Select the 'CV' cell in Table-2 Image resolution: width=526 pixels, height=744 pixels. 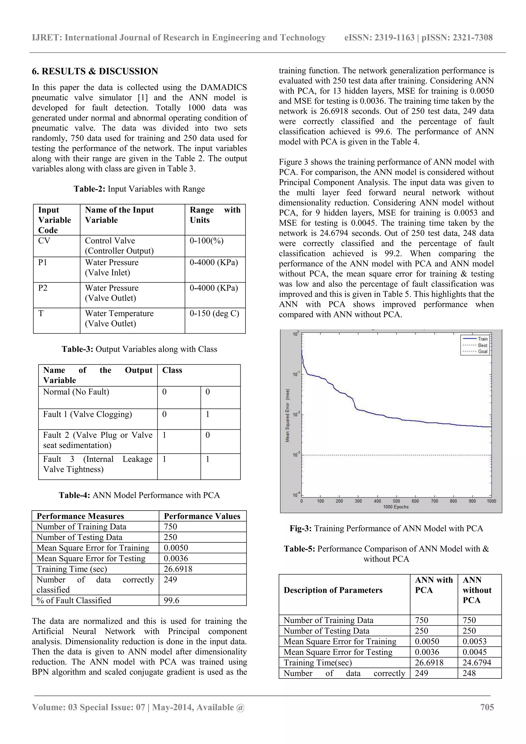pyautogui.click(x=44, y=241)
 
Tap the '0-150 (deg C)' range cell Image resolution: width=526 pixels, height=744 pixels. pyautogui.click(x=214, y=313)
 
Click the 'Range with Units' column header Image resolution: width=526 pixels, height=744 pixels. pyautogui.click(x=215, y=215)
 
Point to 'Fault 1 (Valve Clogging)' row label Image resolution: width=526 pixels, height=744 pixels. pyautogui.click(x=88, y=414)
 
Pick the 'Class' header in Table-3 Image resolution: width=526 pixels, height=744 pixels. pyautogui.click(x=172, y=370)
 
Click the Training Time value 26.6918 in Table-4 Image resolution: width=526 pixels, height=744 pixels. pyautogui.click(x=178, y=569)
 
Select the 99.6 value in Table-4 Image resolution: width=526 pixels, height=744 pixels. pyautogui.click(x=172, y=600)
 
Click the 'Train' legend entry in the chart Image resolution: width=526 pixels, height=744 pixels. pyautogui.click(x=482, y=339)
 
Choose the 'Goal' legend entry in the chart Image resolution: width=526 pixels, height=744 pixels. pyautogui.click(x=483, y=351)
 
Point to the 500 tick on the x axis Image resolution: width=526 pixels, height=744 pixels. pyautogui.click(x=396, y=501)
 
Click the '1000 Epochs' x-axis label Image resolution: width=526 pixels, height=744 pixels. pyautogui.click(x=396, y=507)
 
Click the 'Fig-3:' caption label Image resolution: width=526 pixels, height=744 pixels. pyautogui.click(x=300, y=529)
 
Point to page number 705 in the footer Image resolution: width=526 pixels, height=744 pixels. pyautogui.click(x=487, y=707)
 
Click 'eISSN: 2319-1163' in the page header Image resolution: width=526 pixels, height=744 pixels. pyautogui.click(x=379, y=37)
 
